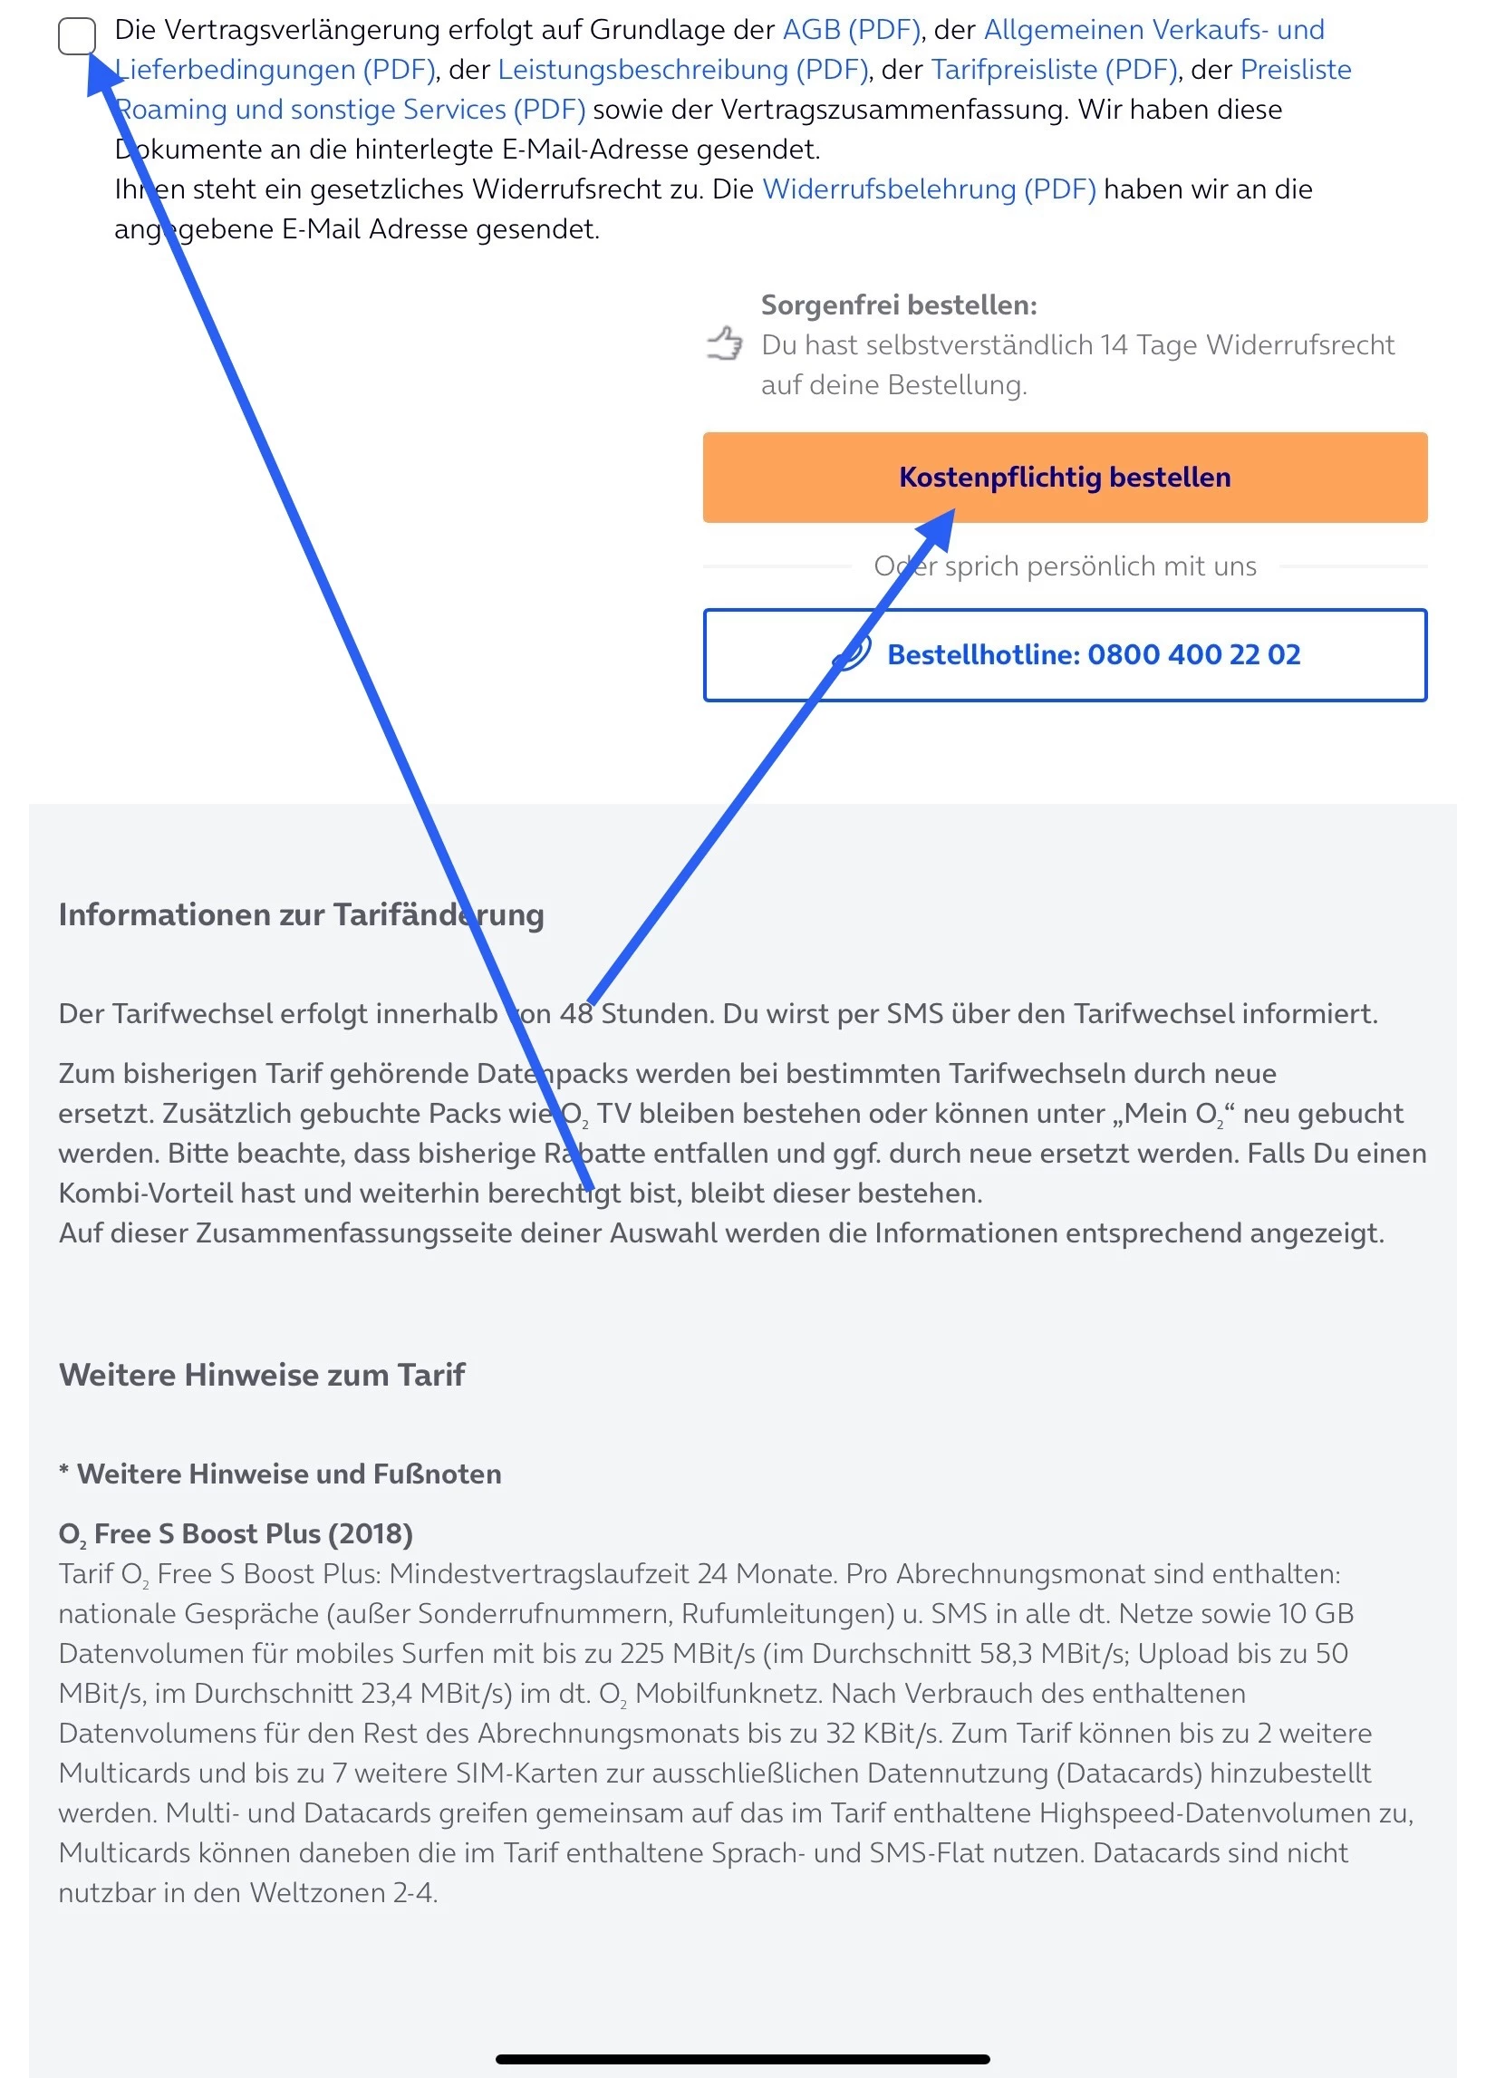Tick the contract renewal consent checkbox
point(77,36)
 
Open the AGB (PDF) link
point(851,30)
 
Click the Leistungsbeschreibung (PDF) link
point(682,71)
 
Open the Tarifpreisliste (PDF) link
point(1054,71)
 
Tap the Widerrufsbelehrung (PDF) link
point(929,189)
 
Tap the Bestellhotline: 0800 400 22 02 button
point(1064,655)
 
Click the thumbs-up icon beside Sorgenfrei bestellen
point(725,344)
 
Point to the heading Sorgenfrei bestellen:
point(899,304)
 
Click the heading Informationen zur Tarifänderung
point(301,914)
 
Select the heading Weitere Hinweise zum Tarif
point(262,1375)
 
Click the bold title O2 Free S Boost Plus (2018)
point(236,1533)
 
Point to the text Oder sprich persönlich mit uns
point(1064,566)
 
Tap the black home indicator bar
point(742,2059)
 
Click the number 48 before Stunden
point(576,1014)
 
